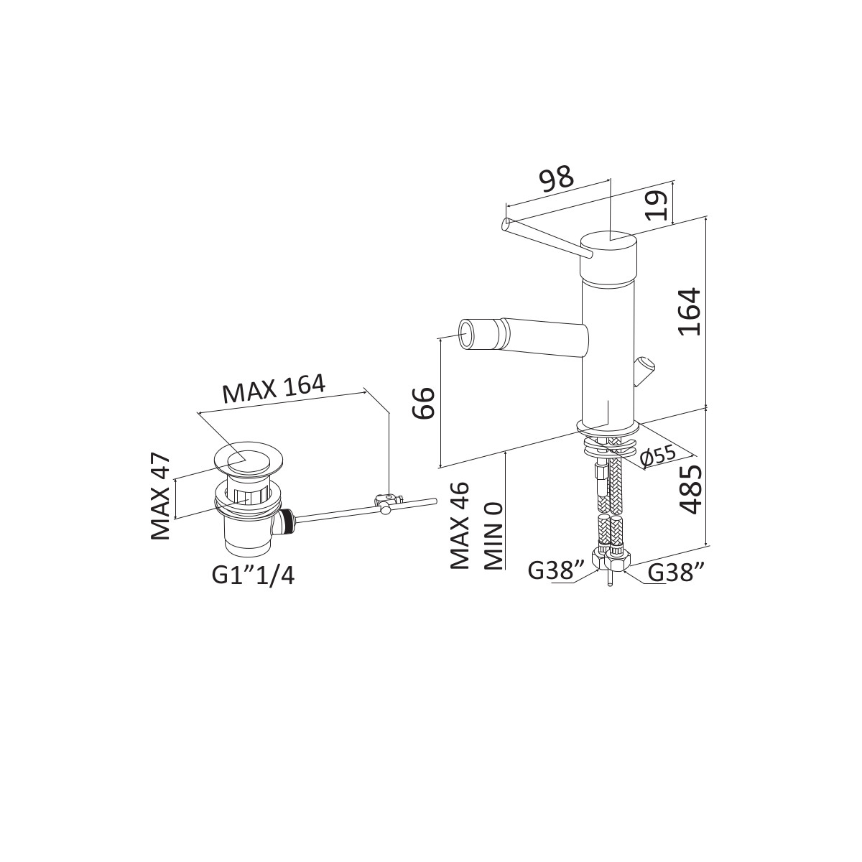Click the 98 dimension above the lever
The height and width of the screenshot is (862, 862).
pos(556,177)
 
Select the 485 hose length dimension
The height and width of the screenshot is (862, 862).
pos(690,489)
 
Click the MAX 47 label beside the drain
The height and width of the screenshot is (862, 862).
pos(160,496)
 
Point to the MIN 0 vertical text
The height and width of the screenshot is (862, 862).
pos(493,536)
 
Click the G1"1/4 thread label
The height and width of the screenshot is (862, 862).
pos(253,575)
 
